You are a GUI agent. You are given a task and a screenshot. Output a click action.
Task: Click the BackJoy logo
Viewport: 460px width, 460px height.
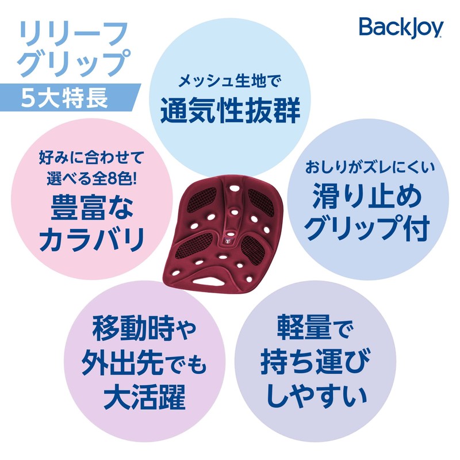(x=401, y=26)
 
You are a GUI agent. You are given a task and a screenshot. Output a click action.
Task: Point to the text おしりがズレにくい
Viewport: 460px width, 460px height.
(x=368, y=169)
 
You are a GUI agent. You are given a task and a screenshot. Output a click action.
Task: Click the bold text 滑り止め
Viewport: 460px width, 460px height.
(x=368, y=198)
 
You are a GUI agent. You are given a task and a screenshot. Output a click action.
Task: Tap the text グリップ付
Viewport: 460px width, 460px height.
(x=368, y=230)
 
